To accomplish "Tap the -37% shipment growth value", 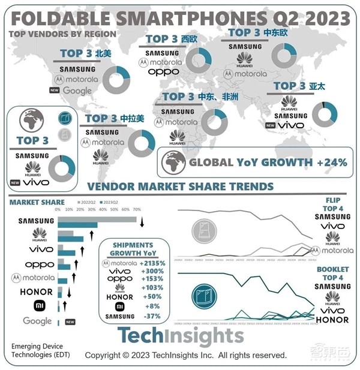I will click(150, 316).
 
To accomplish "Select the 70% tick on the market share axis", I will click(136, 210).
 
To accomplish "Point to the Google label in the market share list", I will click(37, 321).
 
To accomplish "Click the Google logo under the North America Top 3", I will click(77, 91).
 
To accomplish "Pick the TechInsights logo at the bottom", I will click(180, 336).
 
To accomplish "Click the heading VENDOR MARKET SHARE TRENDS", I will click(180, 187).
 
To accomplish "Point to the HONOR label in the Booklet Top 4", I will click(332, 319).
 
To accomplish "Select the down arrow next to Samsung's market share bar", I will click(142, 223).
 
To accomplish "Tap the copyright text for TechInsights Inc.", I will click(186, 355).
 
